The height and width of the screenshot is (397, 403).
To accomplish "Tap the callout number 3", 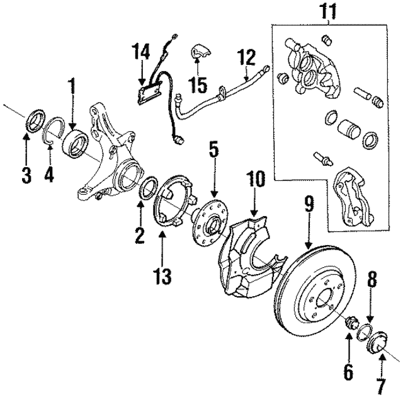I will point(26,175).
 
